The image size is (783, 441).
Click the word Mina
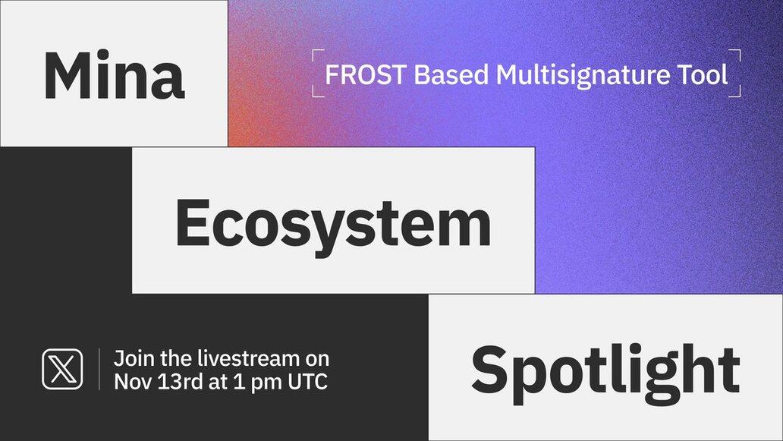(115, 75)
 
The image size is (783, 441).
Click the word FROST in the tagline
(365, 74)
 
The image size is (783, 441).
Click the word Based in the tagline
(451, 74)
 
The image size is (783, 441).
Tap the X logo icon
(62, 369)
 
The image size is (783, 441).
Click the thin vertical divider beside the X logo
(99, 369)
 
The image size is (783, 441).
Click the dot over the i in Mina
(103, 54)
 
